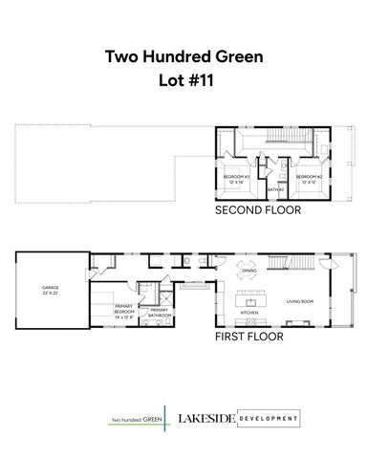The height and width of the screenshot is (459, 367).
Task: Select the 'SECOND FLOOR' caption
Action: click(257, 208)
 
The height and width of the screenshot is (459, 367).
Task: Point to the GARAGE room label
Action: click(50, 286)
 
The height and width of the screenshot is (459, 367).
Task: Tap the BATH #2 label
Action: click(275, 190)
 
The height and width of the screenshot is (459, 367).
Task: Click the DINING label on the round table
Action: click(248, 272)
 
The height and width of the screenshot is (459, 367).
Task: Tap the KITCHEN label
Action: click(248, 313)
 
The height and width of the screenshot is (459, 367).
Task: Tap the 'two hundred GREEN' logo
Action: click(135, 419)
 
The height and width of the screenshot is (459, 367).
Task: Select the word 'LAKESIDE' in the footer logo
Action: click(203, 419)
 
